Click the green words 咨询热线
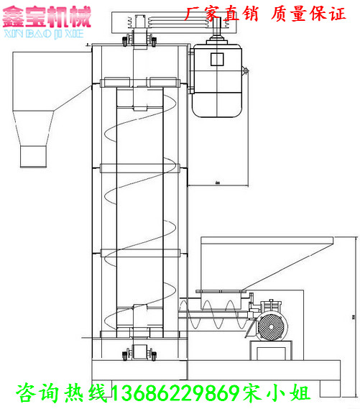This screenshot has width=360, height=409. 62,392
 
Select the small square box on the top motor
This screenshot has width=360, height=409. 217,60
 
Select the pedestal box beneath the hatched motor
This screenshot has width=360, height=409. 272,349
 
